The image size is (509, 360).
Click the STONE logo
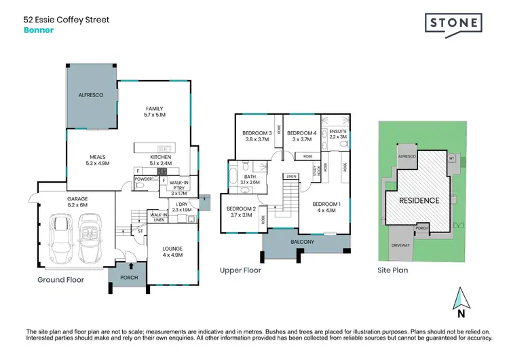454,23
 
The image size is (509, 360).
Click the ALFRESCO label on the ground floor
90,96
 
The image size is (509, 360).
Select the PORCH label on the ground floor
129,277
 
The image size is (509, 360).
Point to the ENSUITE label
338,133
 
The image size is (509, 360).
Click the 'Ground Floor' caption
60,280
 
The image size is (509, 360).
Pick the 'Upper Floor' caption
240,270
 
